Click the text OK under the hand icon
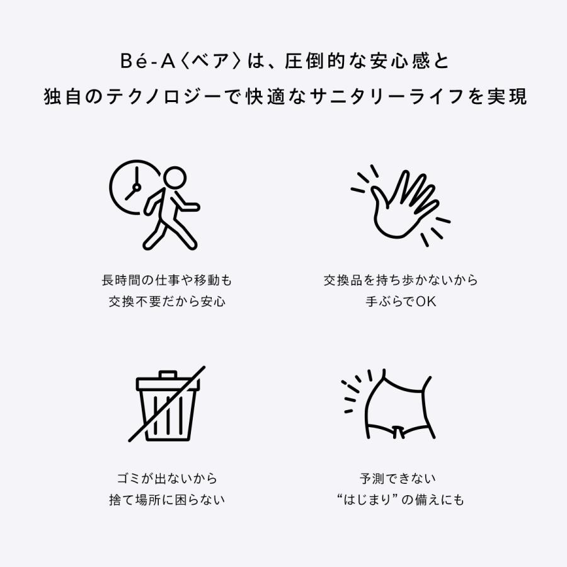pos(427,301)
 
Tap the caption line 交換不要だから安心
pos(166,301)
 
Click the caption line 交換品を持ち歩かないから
pos(401,280)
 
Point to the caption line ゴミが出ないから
pos(166,479)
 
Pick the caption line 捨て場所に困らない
pos(166,500)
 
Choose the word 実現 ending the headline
pos(508,98)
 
